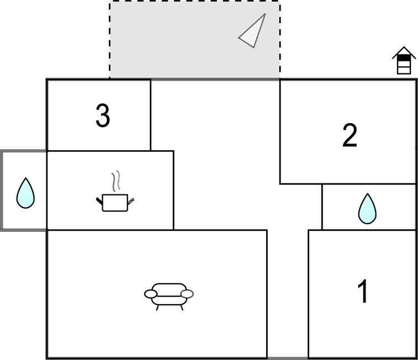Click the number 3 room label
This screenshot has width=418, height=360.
pyautogui.click(x=103, y=115)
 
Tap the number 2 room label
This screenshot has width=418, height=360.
pyautogui.click(x=350, y=135)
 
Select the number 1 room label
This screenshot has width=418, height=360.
pyautogui.click(x=363, y=291)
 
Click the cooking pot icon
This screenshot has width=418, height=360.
pyautogui.click(x=115, y=192)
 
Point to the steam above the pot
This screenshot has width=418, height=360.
pyautogui.click(x=116, y=181)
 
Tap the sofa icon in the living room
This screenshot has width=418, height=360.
pyautogui.click(x=169, y=297)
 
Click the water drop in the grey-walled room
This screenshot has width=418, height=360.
pyautogui.click(x=25, y=193)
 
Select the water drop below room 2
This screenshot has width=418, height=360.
pyautogui.click(x=367, y=208)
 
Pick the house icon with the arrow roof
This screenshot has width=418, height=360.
pyautogui.click(x=404, y=60)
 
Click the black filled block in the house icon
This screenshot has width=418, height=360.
pyautogui.click(x=404, y=57)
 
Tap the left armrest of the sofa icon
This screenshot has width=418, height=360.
pyautogui.click(x=151, y=294)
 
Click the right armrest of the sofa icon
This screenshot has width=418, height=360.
pyautogui.click(x=187, y=294)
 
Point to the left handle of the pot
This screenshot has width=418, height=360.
pyautogui.click(x=99, y=201)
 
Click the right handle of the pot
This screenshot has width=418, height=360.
pyautogui.click(x=131, y=201)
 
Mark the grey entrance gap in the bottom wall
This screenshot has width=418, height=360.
pyautogui.click(x=288, y=358)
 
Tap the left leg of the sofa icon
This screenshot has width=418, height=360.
pyautogui.click(x=157, y=308)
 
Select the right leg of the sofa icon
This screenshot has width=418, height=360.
pyautogui.click(x=182, y=308)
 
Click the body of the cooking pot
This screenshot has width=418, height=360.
pyautogui.click(x=115, y=203)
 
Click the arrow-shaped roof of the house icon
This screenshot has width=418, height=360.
pyautogui.click(x=404, y=52)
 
